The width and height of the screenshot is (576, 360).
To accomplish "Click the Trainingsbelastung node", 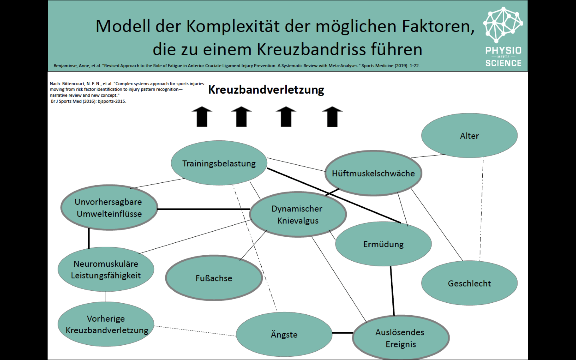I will coord(219,163).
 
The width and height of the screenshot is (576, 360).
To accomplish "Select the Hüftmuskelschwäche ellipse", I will coord(373,173).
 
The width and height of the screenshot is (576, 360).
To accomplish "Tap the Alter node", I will coord(469,136).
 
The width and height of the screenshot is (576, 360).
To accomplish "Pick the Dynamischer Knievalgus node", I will coord(297,214).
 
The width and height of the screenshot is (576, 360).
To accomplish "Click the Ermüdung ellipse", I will coord(383,244).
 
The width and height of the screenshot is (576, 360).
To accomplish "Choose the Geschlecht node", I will coord(469,283).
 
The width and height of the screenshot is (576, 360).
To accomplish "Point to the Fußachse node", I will coord(214,278).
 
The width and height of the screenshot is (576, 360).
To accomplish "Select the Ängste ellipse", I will coord(284,334).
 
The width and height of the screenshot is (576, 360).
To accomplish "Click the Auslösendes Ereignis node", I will coord(400,338).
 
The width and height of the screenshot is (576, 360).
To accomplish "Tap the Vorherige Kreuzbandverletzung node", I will coord(106,324).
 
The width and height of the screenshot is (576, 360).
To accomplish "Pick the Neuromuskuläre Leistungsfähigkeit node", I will coord(106,269).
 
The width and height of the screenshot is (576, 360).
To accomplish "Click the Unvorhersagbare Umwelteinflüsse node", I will coord(109,208).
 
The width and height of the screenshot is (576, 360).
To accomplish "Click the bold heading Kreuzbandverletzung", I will coord(266,90).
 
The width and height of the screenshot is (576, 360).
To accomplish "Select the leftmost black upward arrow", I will coord(202,117).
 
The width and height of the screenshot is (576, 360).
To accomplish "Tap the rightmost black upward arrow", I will coord(332,117).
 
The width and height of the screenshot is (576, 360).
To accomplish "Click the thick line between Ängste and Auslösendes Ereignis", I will coord(342,333).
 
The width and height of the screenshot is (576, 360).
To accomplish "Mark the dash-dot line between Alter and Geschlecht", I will coord(481,210).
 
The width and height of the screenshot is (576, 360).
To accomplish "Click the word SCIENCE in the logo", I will coord(503,63).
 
